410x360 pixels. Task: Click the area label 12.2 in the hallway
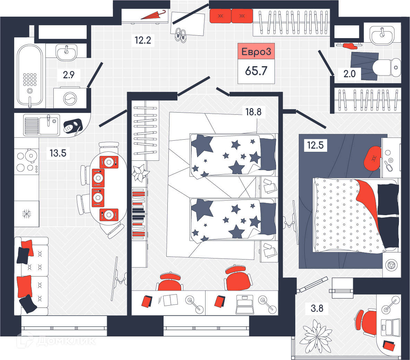point(143,40)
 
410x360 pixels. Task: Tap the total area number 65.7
point(256,71)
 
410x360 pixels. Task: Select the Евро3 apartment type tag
point(256,52)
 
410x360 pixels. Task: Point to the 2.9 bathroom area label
point(69,75)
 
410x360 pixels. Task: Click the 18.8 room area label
point(253,112)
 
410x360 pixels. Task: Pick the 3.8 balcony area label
point(317,308)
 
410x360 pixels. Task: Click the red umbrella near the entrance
point(153,15)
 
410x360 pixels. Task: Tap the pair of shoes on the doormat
point(181,35)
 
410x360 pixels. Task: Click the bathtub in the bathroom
point(30,76)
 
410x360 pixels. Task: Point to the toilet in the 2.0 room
point(386,68)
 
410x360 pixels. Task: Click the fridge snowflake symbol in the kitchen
point(26,214)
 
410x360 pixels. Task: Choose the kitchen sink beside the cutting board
point(42,125)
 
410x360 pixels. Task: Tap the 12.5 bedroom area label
point(315,145)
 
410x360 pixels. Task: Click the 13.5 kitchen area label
point(58,153)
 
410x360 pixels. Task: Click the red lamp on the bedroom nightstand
point(372,158)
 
